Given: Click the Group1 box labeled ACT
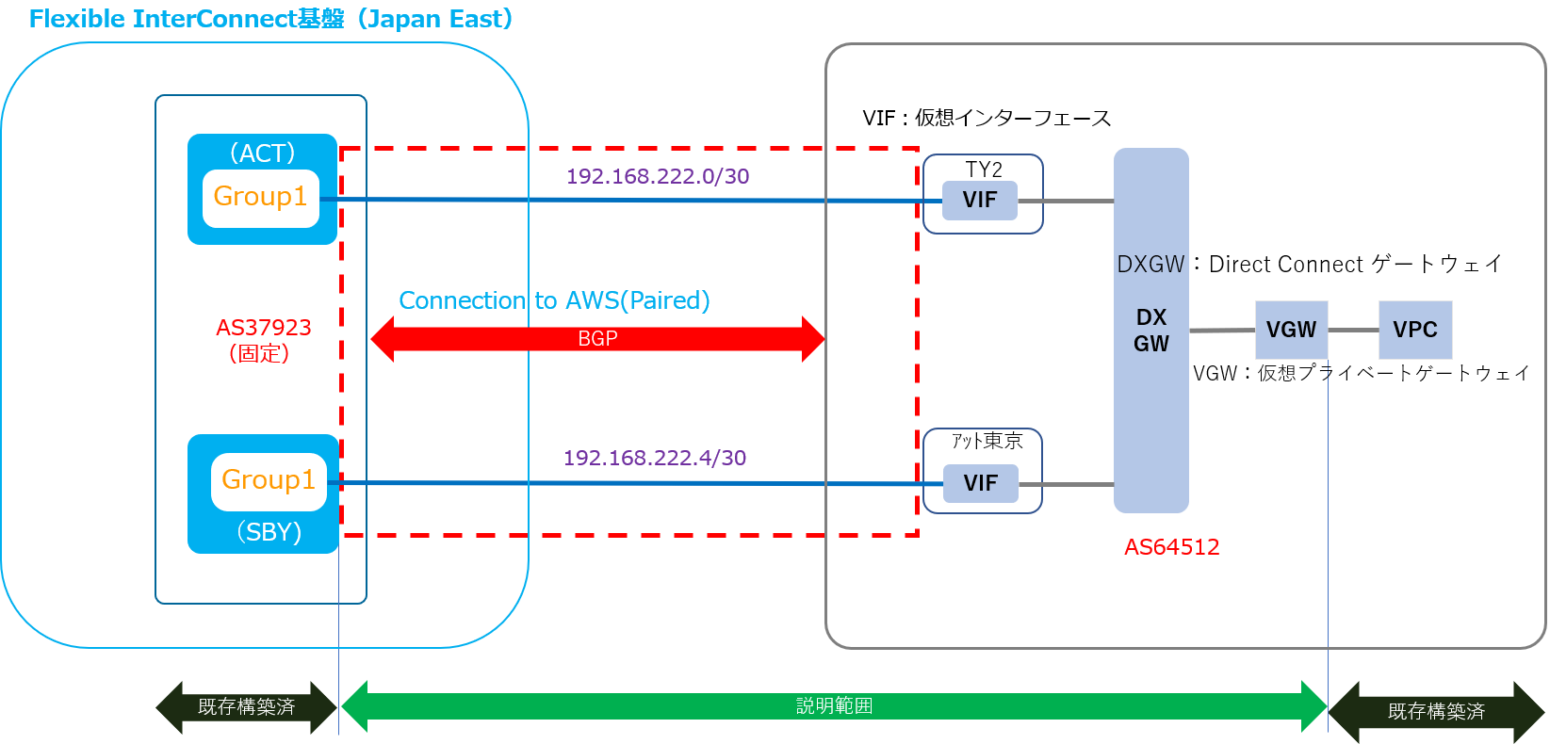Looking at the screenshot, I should pyautogui.click(x=261, y=198).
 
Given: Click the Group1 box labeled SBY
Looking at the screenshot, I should pyautogui.click(x=269, y=481).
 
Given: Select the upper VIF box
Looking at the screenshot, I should pyautogui.click(x=980, y=201).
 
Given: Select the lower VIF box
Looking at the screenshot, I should pyautogui.click(x=981, y=484).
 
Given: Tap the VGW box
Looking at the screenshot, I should pyautogui.click(x=1291, y=331).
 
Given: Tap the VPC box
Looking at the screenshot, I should pyautogui.click(x=1415, y=331).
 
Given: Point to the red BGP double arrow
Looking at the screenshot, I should pyautogui.click(x=597, y=339).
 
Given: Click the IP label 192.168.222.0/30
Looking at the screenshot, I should pyautogui.click(x=658, y=177).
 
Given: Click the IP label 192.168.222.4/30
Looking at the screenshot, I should pyautogui.click(x=655, y=459).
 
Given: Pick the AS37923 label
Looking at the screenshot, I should pyautogui.click(x=263, y=328).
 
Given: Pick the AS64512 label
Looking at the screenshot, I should pyautogui.click(x=1171, y=547).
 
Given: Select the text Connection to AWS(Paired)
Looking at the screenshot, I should pyautogui.click(x=554, y=300).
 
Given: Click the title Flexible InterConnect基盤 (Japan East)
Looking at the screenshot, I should pyautogui.click(x=271, y=20).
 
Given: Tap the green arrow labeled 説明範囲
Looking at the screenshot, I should pyautogui.click(x=834, y=706).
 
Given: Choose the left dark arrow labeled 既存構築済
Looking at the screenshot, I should pyautogui.click(x=246, y=707).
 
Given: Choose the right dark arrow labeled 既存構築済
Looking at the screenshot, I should pyautogui.click(x=1436, y=712).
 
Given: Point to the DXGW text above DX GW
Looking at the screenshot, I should pyautogui.click(x=1150, y=265).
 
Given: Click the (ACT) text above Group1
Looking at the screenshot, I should pyautogui.click(x=263, y=153).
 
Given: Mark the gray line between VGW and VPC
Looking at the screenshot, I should pyautogui.click(x=1353, y=331).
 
